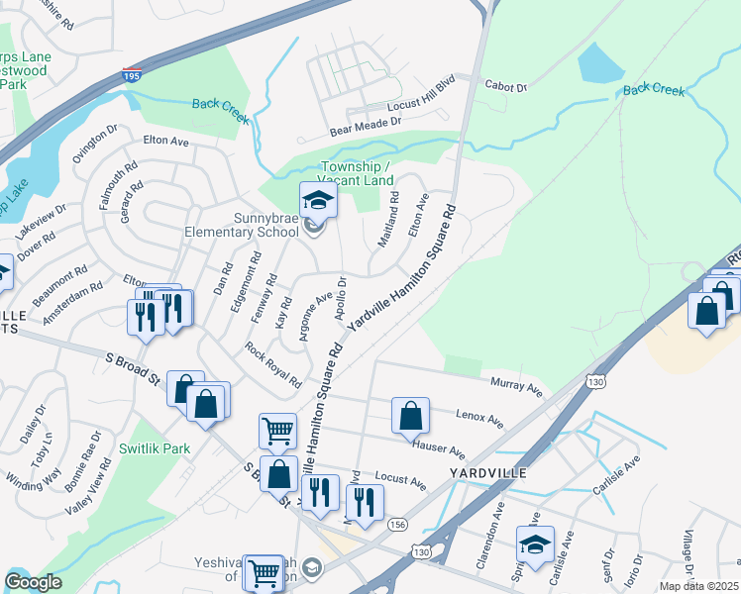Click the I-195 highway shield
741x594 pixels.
(x=132, y=75)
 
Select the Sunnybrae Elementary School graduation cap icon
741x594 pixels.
(x=319, y=202)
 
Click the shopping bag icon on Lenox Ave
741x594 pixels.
(x=410, y=417)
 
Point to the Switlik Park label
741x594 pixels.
(x=154, y=448)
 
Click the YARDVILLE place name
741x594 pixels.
(x=487, y=473)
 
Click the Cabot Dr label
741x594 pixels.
(x=506, y=87)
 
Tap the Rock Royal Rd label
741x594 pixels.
(x=273, y=363)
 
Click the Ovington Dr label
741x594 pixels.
(x=94, y=144)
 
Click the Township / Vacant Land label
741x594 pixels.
(x=357, y=172)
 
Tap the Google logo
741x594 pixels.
(x=32, y=582)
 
